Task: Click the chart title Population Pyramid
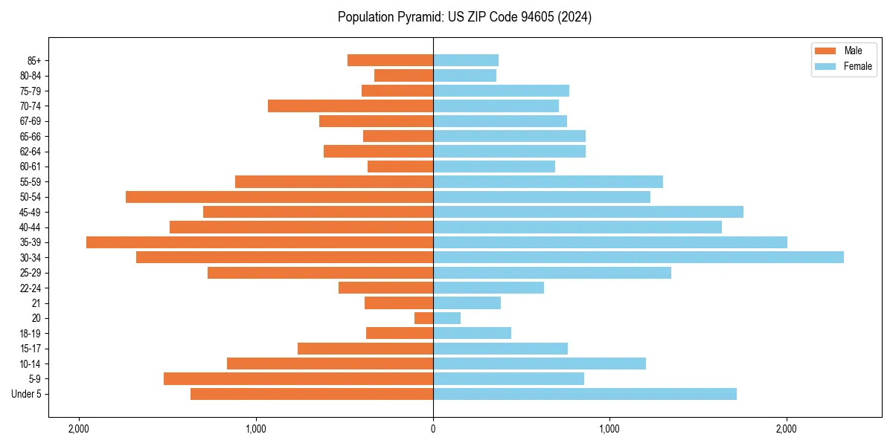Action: click(x=464, y=17)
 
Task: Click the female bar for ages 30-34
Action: click(x=638, y=257)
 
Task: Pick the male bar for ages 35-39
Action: click(x=260, y=242)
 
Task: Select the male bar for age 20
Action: click(x=424, y=318)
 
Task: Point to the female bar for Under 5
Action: click(x=585, y=394)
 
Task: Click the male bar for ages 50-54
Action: click(x=279, y=197)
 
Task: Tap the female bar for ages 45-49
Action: click(x=588, y=212)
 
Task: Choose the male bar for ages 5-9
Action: click(x=298, y=378)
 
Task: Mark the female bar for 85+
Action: click(x=466, y=60)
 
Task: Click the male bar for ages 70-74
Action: click(x=351, y=106)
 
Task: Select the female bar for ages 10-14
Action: click(x=540, y=363)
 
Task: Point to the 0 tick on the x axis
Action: click(x=433, y=429)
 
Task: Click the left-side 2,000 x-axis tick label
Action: click(x=78, y=429)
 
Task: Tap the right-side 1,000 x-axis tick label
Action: click(x=609, y=429)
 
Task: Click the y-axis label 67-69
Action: click(x=31, y=121)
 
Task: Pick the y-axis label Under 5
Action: click(x=27, y=394)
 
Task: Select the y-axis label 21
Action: click(x=36, y=303)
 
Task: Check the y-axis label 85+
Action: click(x=33, y=60)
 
